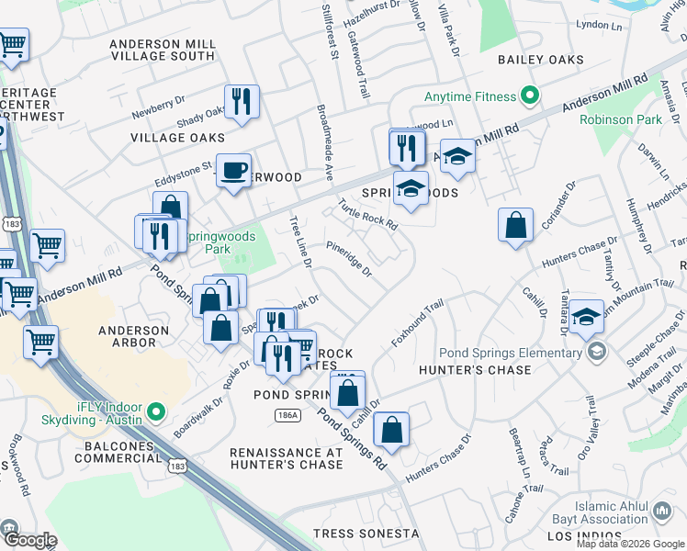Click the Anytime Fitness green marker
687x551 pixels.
(529, 96)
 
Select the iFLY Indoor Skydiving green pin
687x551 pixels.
(155, 411)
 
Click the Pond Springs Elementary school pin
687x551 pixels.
(597, 352)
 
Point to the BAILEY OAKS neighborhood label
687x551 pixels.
(541, 60)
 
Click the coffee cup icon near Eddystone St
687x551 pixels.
(234, 170)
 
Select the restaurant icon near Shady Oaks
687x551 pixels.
(242, 102)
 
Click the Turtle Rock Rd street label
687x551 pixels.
(366, 215)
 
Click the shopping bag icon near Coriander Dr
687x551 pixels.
(516, 225)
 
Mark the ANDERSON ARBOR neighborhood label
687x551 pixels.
(134, 337)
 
